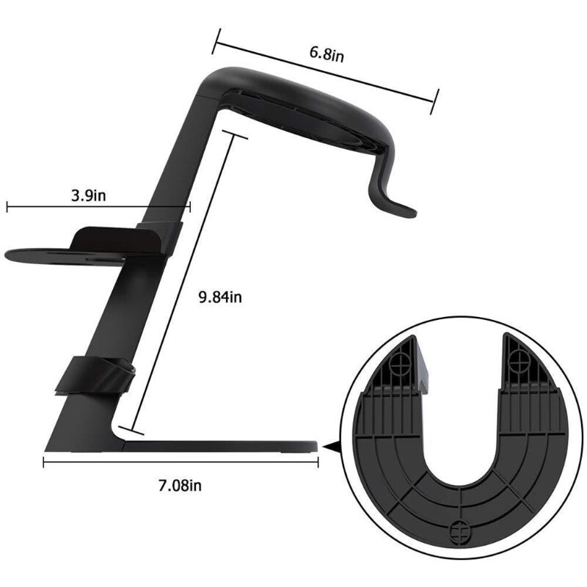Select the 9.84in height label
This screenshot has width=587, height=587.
220,297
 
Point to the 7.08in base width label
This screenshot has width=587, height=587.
181,485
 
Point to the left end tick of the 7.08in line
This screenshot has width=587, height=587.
44,462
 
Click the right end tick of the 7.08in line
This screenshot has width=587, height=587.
318,462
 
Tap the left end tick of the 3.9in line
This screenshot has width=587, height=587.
7,207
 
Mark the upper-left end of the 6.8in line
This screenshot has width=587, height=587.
214,46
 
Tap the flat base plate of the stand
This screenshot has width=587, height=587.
220,445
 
